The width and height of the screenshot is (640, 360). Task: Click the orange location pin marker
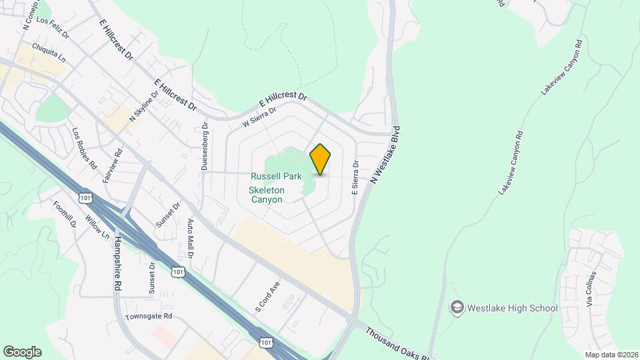(x=321, y=159)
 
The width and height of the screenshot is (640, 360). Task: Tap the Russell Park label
(x=276, y=177)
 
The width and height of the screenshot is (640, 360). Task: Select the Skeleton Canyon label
(x=267, y=195)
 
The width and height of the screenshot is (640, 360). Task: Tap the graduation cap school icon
(x=457, y=307)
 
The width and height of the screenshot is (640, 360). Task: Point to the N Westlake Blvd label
(x=385, y=155)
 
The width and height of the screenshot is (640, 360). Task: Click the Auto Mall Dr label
(x=190, y=239)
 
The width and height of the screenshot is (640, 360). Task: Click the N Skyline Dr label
(x=145, y=107)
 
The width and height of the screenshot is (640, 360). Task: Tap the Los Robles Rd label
(x=84, y=147)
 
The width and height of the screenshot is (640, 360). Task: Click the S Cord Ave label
(x=266, y=297)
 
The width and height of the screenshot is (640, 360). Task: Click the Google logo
(x=22, y=351)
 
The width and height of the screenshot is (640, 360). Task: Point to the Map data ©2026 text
(x=611, y=355)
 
